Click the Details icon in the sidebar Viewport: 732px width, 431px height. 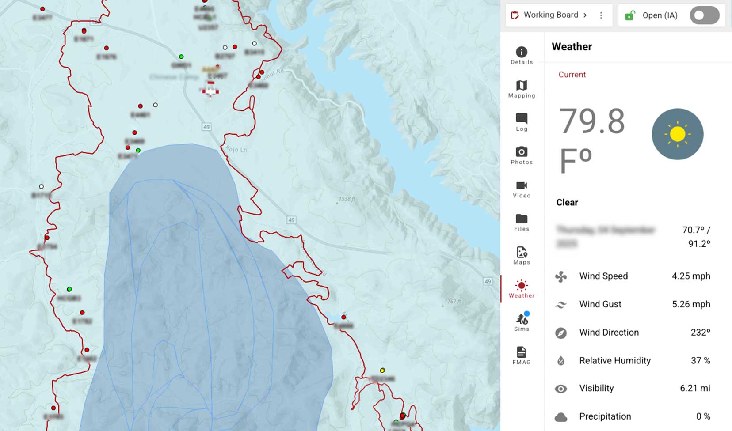(522, 53)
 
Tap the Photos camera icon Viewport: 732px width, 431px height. (522, 152)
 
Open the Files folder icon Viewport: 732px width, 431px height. (522, 219)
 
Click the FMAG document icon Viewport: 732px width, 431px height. (522, 352)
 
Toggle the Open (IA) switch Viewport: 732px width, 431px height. (704, 15)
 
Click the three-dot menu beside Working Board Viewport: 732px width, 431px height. (601, 15)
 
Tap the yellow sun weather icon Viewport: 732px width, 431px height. (677, 134)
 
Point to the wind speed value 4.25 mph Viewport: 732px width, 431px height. (691, 276)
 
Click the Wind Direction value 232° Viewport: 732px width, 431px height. (700, 333)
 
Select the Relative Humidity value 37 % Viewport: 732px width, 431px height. (700, 361)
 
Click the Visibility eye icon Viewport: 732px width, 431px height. (561, 389)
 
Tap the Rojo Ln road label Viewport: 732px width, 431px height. (236, 149)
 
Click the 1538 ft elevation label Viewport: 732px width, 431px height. (347, 199)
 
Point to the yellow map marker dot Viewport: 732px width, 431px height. (382, 370)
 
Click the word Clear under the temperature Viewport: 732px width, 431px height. (567, 202)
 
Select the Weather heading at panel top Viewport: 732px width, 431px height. (572, 47)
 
